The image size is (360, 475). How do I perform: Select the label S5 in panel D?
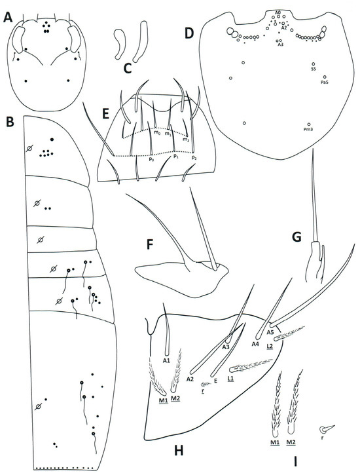coord(314,68)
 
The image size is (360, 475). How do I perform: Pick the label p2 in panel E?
coord(194,159)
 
